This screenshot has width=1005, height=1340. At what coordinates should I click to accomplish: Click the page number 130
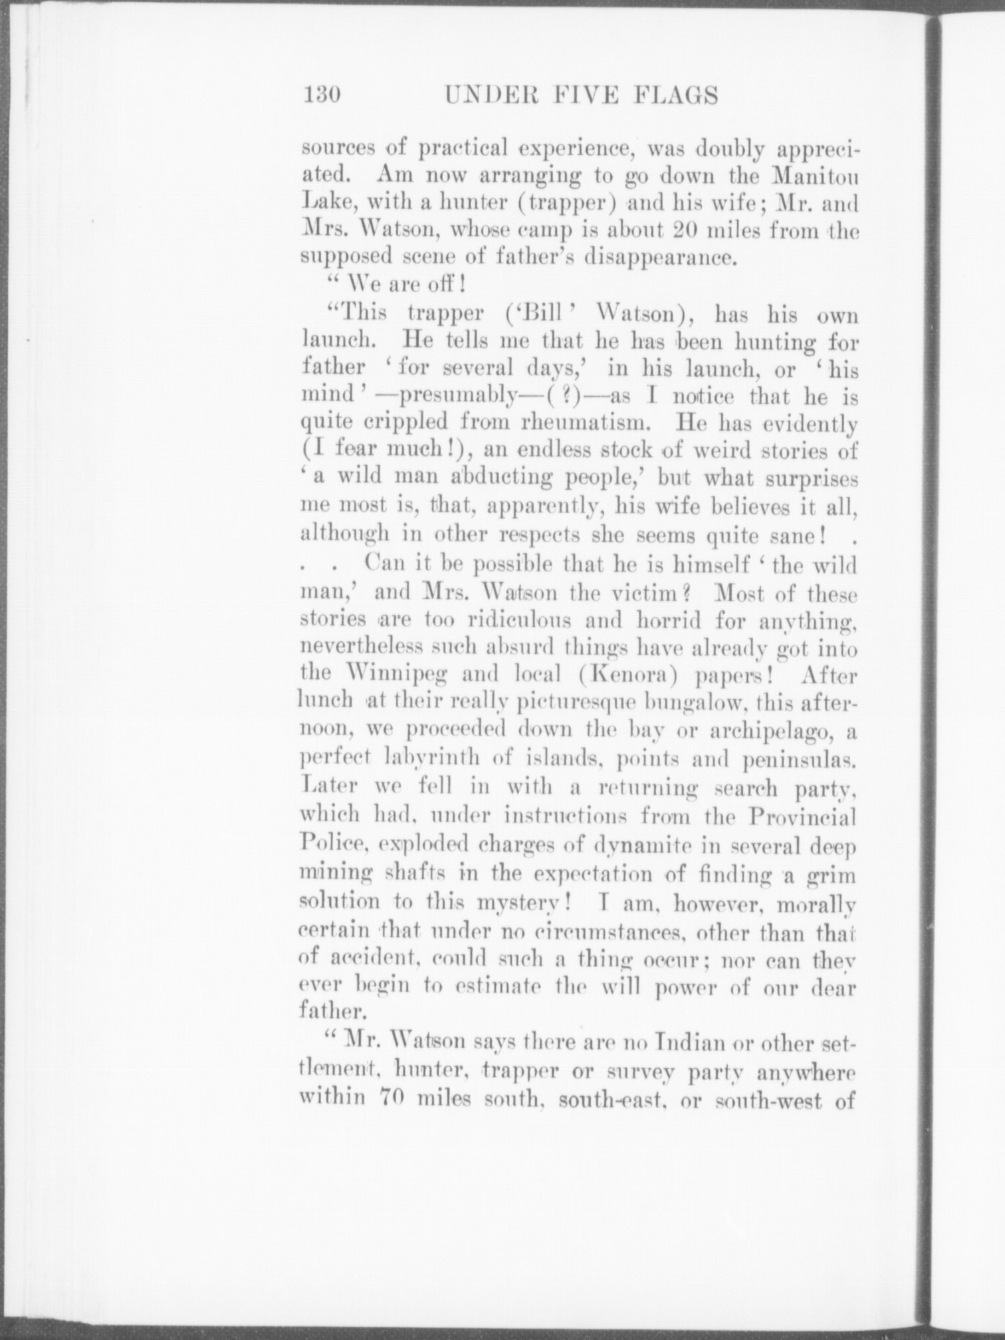pos(322,95)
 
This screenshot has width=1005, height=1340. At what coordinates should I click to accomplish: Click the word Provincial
pos(802,815)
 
